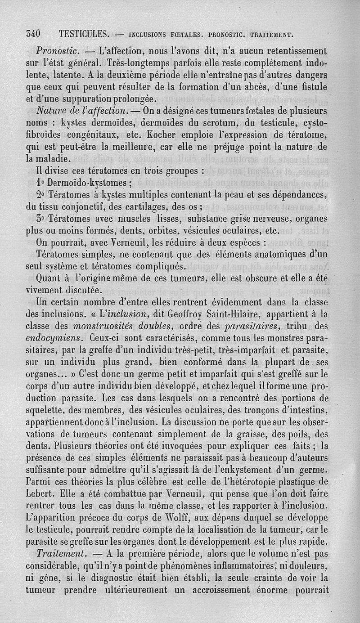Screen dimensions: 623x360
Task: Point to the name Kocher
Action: click(162, 134)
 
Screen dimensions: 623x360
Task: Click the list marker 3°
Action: click(41, 219)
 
